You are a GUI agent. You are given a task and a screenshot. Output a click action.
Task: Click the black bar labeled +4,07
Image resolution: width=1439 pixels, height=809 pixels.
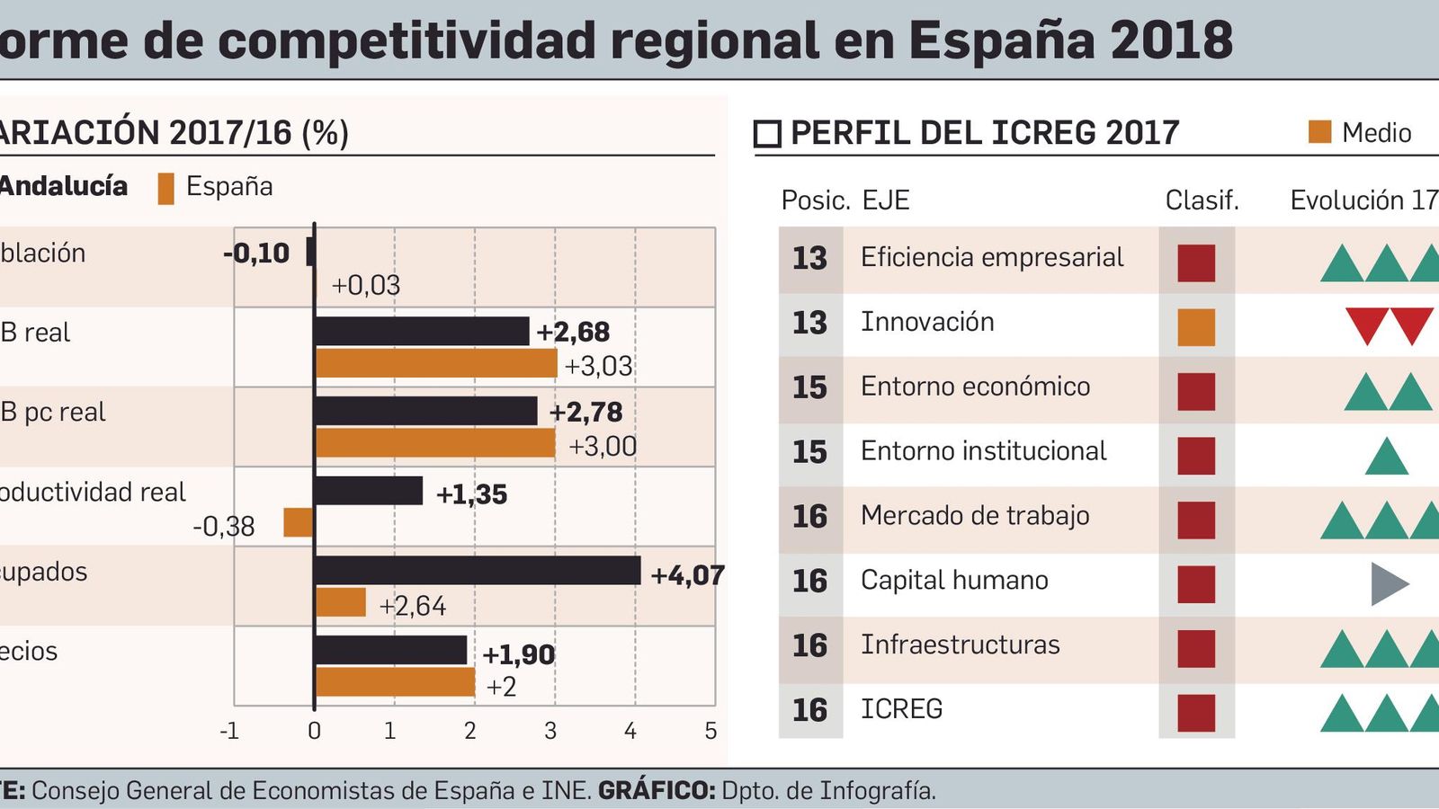coord(478,571)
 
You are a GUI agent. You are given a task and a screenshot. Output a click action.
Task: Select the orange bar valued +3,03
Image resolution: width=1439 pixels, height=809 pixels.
coord(436,363)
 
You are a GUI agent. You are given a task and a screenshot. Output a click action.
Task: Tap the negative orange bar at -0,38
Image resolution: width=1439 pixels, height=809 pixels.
coord(298,522)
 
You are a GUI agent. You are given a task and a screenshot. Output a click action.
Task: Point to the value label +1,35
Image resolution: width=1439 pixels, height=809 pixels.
coord(471,494)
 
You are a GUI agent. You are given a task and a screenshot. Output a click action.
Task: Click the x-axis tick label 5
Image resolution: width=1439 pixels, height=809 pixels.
coord(711,731)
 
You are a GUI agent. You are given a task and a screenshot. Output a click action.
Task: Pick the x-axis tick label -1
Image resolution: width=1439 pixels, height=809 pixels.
coord(229,731)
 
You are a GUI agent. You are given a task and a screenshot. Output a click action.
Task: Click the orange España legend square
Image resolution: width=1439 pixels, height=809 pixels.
coord(165,188)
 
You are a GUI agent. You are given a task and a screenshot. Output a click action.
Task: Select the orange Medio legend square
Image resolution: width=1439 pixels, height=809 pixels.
coord(1319,132)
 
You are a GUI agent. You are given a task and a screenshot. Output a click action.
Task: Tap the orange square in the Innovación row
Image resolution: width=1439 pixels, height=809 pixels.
coord(1196,327)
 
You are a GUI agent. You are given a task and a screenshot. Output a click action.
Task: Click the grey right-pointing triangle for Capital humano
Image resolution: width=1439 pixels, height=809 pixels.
coord(1388,584)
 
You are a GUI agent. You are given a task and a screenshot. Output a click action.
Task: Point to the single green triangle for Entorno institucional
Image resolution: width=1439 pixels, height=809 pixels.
coord(1386,458)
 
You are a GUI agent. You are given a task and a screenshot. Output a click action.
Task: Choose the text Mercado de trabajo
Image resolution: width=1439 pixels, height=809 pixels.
coord(974,516)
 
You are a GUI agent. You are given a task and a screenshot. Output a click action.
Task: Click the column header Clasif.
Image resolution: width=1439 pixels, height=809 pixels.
coord(1202,200)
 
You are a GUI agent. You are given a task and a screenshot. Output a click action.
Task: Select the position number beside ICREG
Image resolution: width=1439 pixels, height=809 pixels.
coord(809,710)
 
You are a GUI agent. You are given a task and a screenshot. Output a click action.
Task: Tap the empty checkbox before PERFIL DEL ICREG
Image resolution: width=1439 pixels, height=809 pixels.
coord(767,134)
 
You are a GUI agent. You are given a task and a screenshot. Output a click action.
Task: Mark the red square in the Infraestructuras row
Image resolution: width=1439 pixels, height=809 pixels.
coord(1196,649)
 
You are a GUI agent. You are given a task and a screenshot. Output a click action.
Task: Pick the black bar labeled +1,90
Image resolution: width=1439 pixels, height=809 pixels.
coord(391,650)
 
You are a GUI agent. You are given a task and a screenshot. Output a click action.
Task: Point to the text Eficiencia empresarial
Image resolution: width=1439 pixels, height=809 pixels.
coord(991,257)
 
